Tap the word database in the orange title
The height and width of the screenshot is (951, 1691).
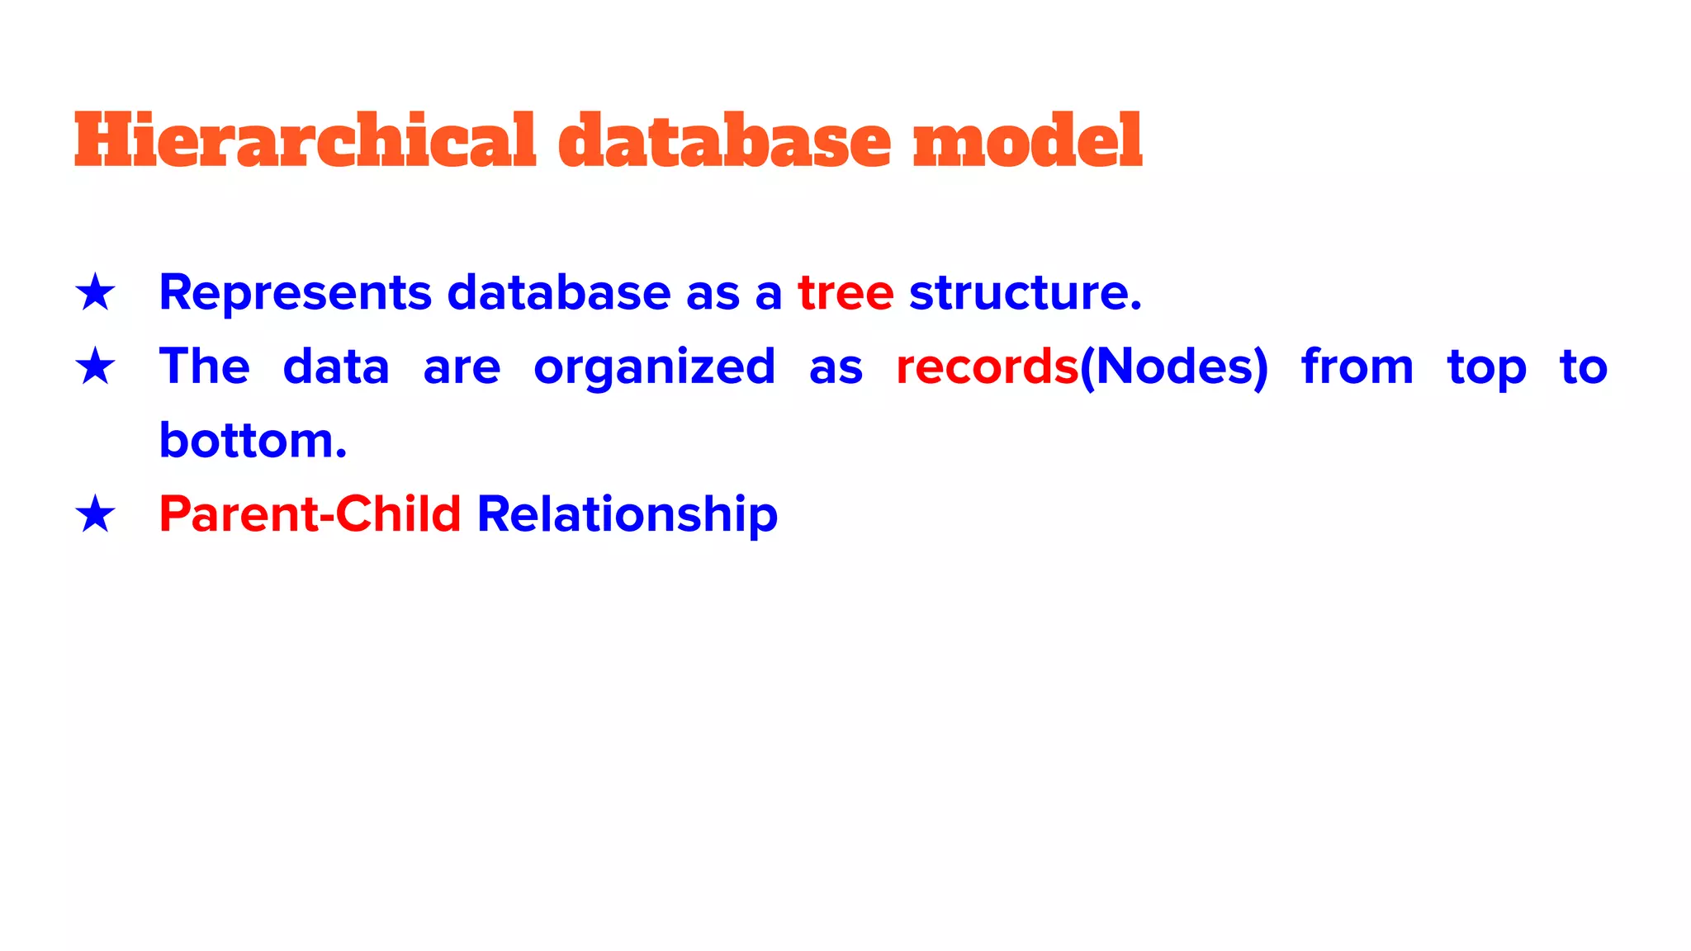724,140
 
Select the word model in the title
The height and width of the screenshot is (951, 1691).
1027,140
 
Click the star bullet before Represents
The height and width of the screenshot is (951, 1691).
95,293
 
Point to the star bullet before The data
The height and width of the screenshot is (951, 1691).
95,367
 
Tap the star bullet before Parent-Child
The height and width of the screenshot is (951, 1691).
95,514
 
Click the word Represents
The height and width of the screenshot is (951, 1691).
295,293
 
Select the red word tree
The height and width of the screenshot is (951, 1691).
845,293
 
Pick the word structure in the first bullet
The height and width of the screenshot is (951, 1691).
1025,293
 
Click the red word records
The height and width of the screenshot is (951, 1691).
987,367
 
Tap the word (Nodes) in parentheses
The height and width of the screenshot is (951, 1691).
1173,367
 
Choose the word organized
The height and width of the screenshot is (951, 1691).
654,368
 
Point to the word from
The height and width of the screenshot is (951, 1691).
1357,367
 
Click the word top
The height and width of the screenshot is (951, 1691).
1486,368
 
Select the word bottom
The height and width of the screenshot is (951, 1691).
252,440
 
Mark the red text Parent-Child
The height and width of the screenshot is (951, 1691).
310,514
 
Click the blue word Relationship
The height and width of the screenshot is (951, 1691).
628,514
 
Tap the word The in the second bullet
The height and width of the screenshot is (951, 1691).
204,367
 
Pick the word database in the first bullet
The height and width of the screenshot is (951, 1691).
559,293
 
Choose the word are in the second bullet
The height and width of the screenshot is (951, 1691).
462,368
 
